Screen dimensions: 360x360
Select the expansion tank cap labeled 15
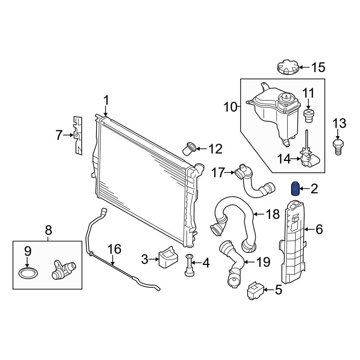pos(288,68)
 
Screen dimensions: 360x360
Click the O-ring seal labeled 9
pos(28,273)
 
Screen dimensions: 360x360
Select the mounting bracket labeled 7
pos(78,135)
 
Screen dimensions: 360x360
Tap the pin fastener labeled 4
pos(189,265)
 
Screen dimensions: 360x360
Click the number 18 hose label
pos(273,215)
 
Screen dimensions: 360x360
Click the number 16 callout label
pos(114,249)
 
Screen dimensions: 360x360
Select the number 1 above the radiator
pos(106,100)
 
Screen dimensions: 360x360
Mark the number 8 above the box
pos(49,229)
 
